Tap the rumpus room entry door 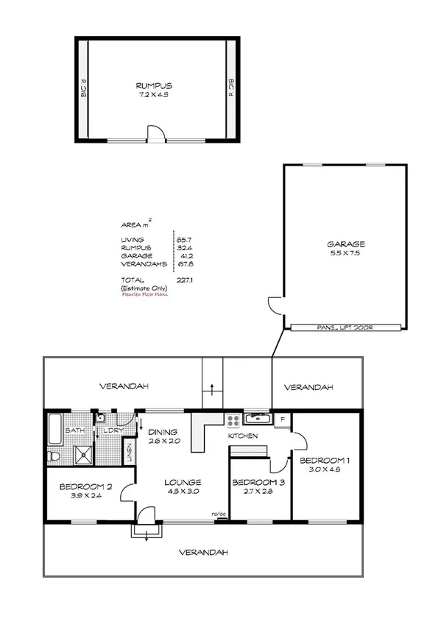pos(155,133)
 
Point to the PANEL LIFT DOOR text pos(345,328)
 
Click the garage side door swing pos(275,304)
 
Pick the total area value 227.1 pos(183,280)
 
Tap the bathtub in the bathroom pos(55,429)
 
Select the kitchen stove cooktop pos(234,422)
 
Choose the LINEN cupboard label pos(130,452)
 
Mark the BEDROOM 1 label pos(324,461)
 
